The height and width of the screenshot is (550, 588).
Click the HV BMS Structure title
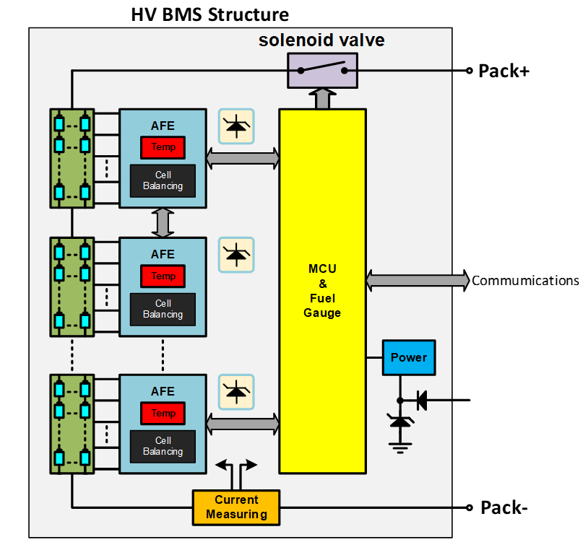click(x=209, y=14)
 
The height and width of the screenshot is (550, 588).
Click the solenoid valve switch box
click(x=322, y=71)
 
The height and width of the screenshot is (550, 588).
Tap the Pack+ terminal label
click(x=504, y=71)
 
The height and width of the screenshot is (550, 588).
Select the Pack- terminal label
click(x=504, y=507)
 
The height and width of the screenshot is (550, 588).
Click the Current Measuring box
click(x=236, y=507)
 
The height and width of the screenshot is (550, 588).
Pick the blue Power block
click(x=409, y=357)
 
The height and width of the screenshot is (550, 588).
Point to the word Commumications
click(x=525, y=281)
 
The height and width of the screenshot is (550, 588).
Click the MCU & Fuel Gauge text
click(x=322, y=291)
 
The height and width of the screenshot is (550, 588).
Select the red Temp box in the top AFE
click(x=163, y=147)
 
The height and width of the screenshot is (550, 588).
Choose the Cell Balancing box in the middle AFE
click(x=163, y=309)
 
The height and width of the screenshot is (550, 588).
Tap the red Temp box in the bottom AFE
click(x=163, y=414)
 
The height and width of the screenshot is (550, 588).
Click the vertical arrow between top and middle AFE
click(x=163, y=222)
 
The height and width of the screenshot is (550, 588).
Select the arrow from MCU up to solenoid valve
click(x=323, y=98)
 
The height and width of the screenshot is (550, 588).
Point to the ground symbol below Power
click(x=399, y=446)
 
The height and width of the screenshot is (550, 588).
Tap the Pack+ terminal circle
click(x=469, y=71)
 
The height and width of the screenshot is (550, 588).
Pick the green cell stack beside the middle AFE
click(x=72, y=287)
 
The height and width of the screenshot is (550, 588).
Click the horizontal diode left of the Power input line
click(x=421, y=399)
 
